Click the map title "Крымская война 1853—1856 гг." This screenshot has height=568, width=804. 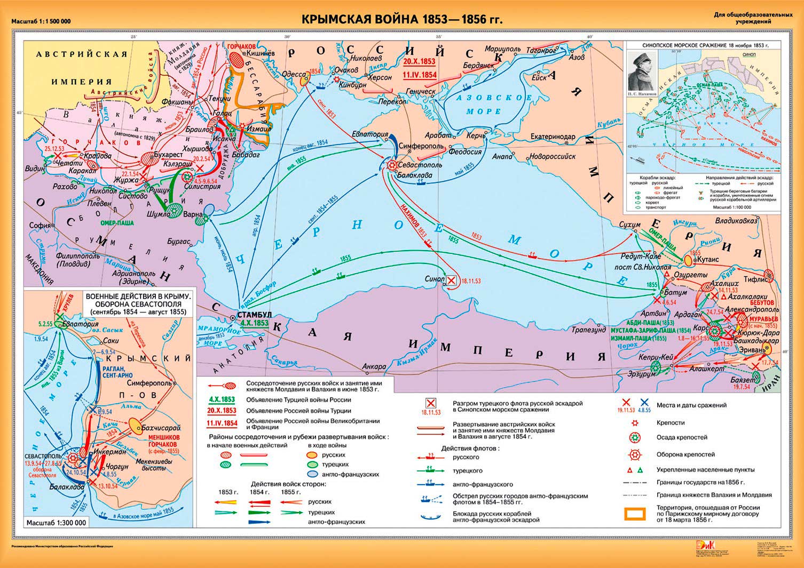pos(402,20)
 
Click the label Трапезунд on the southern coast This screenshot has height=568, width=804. pos(589,330)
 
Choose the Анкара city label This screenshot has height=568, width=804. pos(374,367)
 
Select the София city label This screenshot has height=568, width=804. pos(40,225)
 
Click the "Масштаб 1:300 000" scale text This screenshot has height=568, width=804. pos(56,523)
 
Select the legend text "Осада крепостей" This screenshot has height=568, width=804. pos(681,437)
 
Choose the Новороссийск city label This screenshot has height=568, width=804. pos(552,156)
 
